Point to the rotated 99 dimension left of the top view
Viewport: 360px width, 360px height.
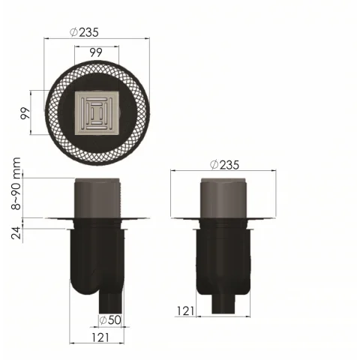pos(25,114)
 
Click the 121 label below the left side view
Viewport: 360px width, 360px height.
pos(101,338)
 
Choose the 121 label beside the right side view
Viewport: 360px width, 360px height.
pos(186,310)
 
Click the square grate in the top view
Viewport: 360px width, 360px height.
pos(95,114)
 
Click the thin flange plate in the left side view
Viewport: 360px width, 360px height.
pos(60,219)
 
